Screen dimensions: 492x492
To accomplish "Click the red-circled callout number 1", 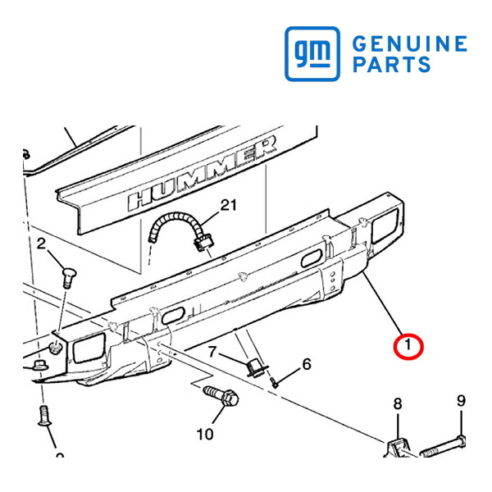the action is (x=408, y=345).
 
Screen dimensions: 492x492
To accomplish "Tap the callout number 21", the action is (x=229, y=206).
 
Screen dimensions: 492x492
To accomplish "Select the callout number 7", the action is (x=212, y=352).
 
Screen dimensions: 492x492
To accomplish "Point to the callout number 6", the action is (x=307, y=364).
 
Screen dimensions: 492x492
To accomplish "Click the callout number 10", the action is (x=205, y=435).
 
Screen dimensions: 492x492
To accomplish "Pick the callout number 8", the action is (x=398, y=403).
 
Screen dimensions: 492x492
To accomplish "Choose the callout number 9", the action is (x=461, y=401).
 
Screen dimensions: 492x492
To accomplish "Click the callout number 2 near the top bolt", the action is (x=41, y=244).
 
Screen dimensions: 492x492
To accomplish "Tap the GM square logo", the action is (x=312, y=53).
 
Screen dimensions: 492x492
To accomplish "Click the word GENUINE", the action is (x=410, y=43).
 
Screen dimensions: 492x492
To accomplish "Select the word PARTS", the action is (x=392, y=64).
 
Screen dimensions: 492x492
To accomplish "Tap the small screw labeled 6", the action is (x=274, y=383).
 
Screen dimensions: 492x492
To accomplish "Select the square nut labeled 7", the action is (x=256, y=368).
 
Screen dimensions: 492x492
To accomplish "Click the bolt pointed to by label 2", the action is (x=68, y=278).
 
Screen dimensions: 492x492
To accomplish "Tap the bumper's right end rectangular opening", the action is (x=385, y=225).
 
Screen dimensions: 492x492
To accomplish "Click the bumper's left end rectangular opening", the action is (x=89, y=348).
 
